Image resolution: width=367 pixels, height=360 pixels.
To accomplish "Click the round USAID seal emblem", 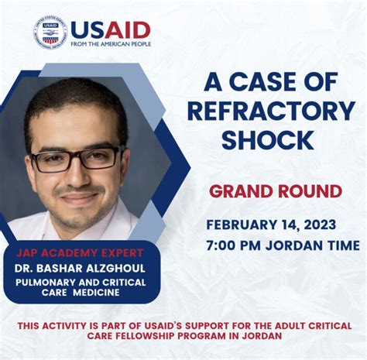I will pos(50,32).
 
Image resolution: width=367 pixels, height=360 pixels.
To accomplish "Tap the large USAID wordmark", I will pos(111,29).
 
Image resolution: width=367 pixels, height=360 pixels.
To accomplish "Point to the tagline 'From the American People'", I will pos(111,44).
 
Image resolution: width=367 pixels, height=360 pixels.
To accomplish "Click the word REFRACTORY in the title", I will pos(272,111).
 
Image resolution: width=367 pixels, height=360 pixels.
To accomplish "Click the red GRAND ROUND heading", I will pos(276,190).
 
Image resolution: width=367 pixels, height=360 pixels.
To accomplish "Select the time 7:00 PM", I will pos(237,245).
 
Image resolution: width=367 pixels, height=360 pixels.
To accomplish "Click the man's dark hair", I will pos(74,101).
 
